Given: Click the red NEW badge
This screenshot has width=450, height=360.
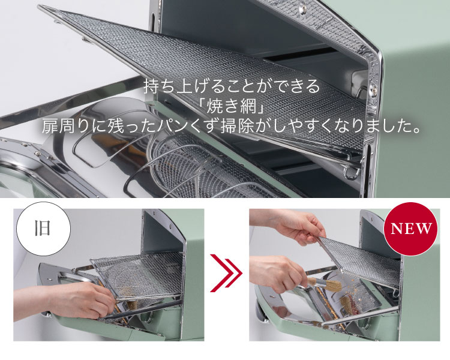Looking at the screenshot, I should (x=412, y=229).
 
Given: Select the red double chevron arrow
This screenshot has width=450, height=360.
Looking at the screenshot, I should (x=227, y=274).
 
